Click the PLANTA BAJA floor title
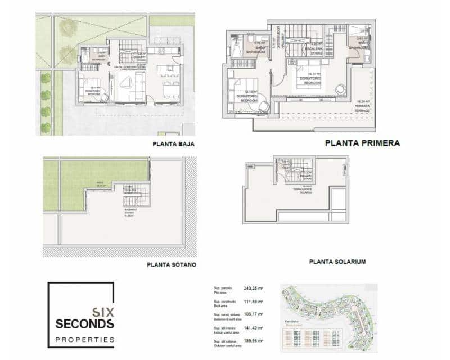tap(173, 144)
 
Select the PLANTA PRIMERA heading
tap(362, 143)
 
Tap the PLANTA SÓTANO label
tap(171, 264)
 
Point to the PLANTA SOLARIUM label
tap(337, 262)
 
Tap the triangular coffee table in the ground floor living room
tap(127, 83)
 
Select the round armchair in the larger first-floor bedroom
tap(341, 89)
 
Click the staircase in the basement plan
tap(137, 196)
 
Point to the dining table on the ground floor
tap(170, 88)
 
